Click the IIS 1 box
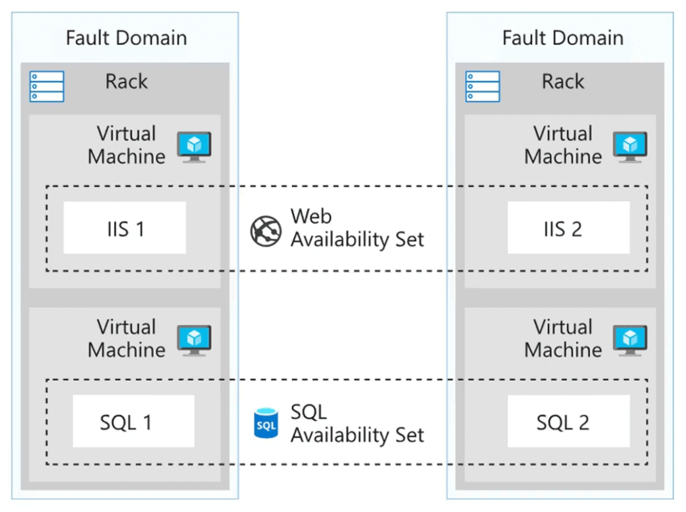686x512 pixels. point(124,228)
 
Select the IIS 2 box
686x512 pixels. point(568,228)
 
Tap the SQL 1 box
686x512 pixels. point(133,421)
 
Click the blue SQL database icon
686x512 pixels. point(266,424)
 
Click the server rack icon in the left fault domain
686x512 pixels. point(47,86)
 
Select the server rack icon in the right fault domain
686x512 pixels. point(483,86)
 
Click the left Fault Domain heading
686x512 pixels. point(127,38)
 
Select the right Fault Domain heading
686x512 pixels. point(562,38)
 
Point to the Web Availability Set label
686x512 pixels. point(357,228)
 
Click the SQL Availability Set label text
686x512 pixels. point(357,423)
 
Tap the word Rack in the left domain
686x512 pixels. point(127,81)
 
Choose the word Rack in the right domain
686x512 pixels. point(563,81)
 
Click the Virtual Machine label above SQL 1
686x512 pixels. point(127,338)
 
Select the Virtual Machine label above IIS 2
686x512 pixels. point(563,145)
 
